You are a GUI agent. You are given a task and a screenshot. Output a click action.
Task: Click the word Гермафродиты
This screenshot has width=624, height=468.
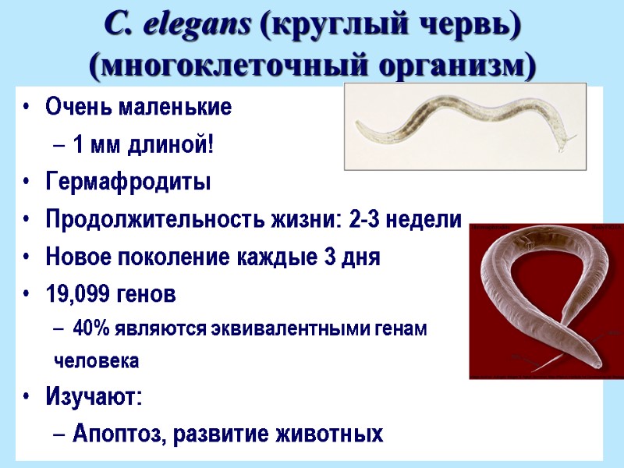click(x=128, y=182)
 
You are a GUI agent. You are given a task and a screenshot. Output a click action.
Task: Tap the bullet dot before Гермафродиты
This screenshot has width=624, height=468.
click(x=29, y=183)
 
